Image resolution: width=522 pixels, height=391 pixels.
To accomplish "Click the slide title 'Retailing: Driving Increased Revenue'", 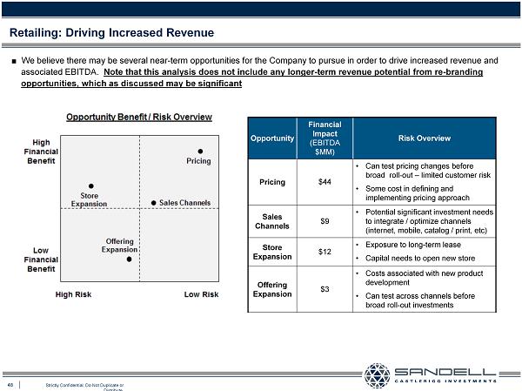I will click(111, 33).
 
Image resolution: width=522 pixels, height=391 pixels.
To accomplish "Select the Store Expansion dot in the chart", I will click(91, 185).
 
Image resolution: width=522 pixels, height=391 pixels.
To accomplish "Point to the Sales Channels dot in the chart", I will click(154, 203).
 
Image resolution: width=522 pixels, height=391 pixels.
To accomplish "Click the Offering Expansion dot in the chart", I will click(129, 259).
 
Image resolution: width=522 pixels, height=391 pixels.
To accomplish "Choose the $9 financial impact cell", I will click(325, 220).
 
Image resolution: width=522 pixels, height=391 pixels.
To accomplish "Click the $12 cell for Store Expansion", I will click(325, 252).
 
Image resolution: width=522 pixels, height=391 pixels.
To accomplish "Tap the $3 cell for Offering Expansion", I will click(325, 288).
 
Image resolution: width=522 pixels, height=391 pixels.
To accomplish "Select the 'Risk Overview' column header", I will click(424, 138).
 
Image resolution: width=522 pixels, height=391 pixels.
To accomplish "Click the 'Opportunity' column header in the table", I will click(272, 138).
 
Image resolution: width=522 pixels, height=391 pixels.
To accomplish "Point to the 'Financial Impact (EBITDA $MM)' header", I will click(325, 138).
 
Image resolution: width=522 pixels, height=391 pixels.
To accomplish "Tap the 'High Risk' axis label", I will click(73, 294).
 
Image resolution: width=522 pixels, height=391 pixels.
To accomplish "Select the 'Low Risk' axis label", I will click(201, 294).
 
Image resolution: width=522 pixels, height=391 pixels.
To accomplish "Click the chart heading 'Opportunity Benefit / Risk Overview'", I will click(139, 118).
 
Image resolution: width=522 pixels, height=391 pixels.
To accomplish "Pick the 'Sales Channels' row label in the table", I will click(272, 220).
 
